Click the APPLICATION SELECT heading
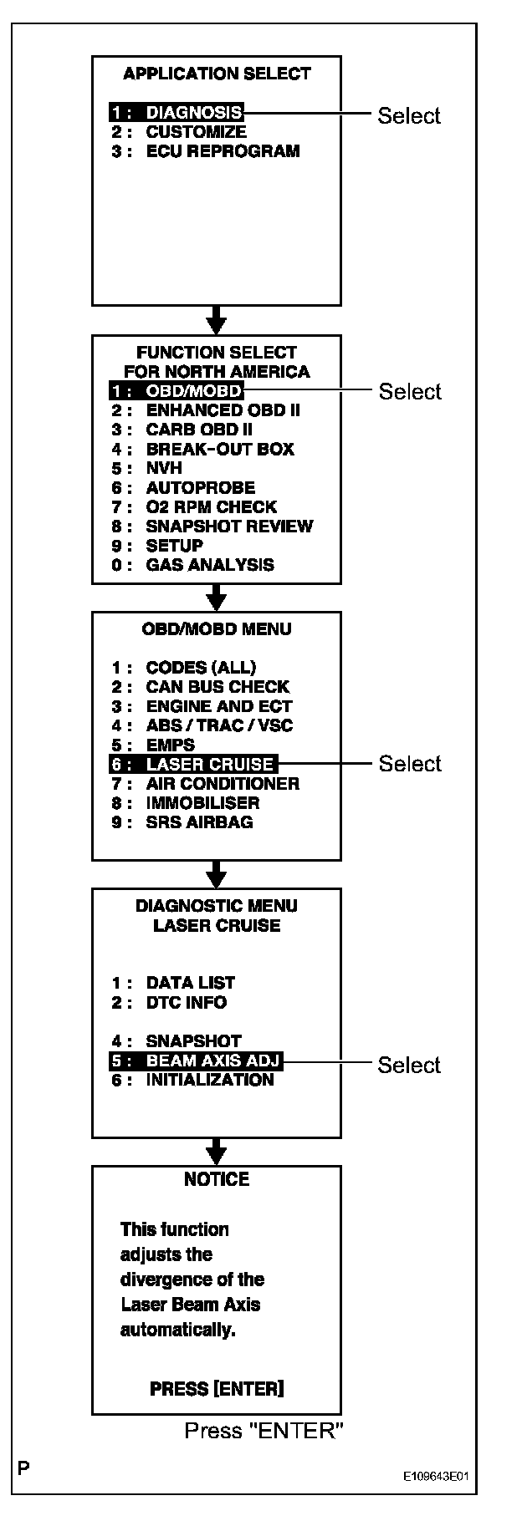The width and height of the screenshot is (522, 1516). [217, 74]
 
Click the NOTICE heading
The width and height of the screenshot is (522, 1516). [217, 1179]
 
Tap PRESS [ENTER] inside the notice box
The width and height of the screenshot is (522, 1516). [217, 1389]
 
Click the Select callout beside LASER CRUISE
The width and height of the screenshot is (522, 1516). [410, 764]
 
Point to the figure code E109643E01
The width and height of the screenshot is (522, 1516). [435, 1476]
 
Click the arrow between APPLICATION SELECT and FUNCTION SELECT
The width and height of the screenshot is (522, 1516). [217, 319]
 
